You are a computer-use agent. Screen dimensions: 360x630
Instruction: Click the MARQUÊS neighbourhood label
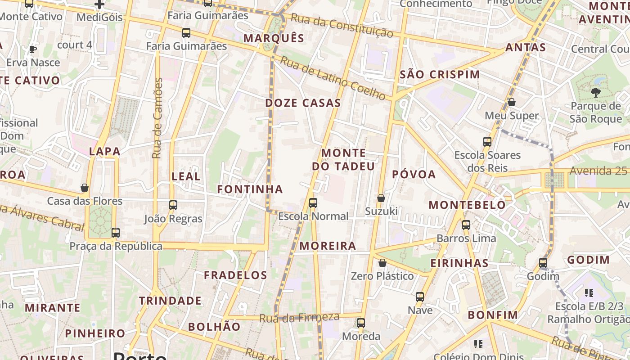pyautogui.click(x=274, y=38)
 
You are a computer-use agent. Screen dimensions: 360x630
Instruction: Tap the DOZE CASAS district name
pyautogui.click(x=303, y=103)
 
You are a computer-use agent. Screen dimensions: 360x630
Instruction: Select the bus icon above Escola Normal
pyautogui.click(x=313, y=203)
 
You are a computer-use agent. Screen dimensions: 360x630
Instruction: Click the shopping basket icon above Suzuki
pyautogui.click(x=381, y=198)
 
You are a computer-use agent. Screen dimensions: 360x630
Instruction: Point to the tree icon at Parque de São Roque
pyautogui.click(x=596, y=93)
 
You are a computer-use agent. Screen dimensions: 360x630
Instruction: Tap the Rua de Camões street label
pyautogui.click(x=157, y=118)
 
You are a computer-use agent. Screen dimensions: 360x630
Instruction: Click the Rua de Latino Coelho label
pyautogui.click(x=333, y=78)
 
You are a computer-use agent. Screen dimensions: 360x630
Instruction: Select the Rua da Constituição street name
pyautogui.click(x=342, y=25)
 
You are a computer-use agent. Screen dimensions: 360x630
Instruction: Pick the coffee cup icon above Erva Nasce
pyautogui.click(x=32, y=49)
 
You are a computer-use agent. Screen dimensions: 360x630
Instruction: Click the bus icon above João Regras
pyautogui.click(x=173, y=205)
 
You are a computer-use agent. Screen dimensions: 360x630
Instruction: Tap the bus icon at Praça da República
pyautogui.click(x=116, y=233)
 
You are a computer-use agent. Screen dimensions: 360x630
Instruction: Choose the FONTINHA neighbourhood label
pyautogui.click(x=250, y=189)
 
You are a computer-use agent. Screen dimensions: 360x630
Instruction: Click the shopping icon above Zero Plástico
pyautogui.click(x=382, y=263)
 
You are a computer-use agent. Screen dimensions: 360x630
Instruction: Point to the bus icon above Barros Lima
pyautogui.click(x=466, y=225)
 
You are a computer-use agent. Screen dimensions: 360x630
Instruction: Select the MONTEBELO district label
pyautogui.click(x=467, y=205)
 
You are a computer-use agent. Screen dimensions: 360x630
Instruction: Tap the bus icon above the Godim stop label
pyautogui.click(x=543, y=263)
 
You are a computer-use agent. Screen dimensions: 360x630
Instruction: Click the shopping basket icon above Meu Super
pyautogui.click(x=512, y=102)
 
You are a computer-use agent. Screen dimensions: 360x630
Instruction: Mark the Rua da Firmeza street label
pyautogui.click(x=299, y=317)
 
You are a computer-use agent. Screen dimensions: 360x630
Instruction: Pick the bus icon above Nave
pyautogui.click(x=420, y=297)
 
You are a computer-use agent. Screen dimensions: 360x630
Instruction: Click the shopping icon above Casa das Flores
pyautogui.click(x=85, y=188)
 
